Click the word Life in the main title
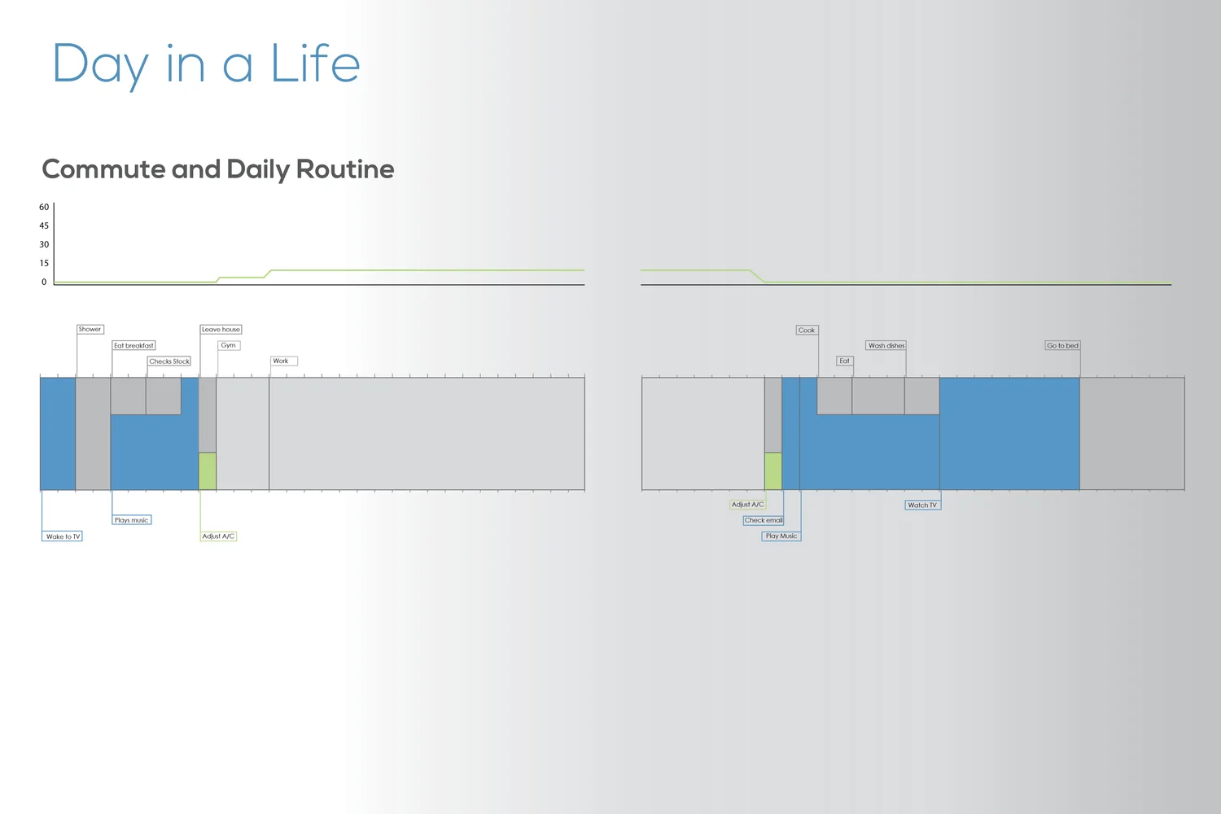(315, 64)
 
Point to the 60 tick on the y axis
(44, 207)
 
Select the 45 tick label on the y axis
(44, 225)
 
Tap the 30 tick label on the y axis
(44, 244)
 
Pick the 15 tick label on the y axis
(44, 263)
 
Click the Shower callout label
(90, 330)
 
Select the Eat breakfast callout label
(133, 345)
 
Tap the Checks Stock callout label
(169, 361)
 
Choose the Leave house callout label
(221, 330)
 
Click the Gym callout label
(229, 345)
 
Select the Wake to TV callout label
(63, 536)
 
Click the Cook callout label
(807, 330)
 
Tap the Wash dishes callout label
(886, 345)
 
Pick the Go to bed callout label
(1062, 345)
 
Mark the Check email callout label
(764, 520)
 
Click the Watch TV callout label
(922, 505)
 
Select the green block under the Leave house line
(208, 471)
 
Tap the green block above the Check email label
(772, 471)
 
